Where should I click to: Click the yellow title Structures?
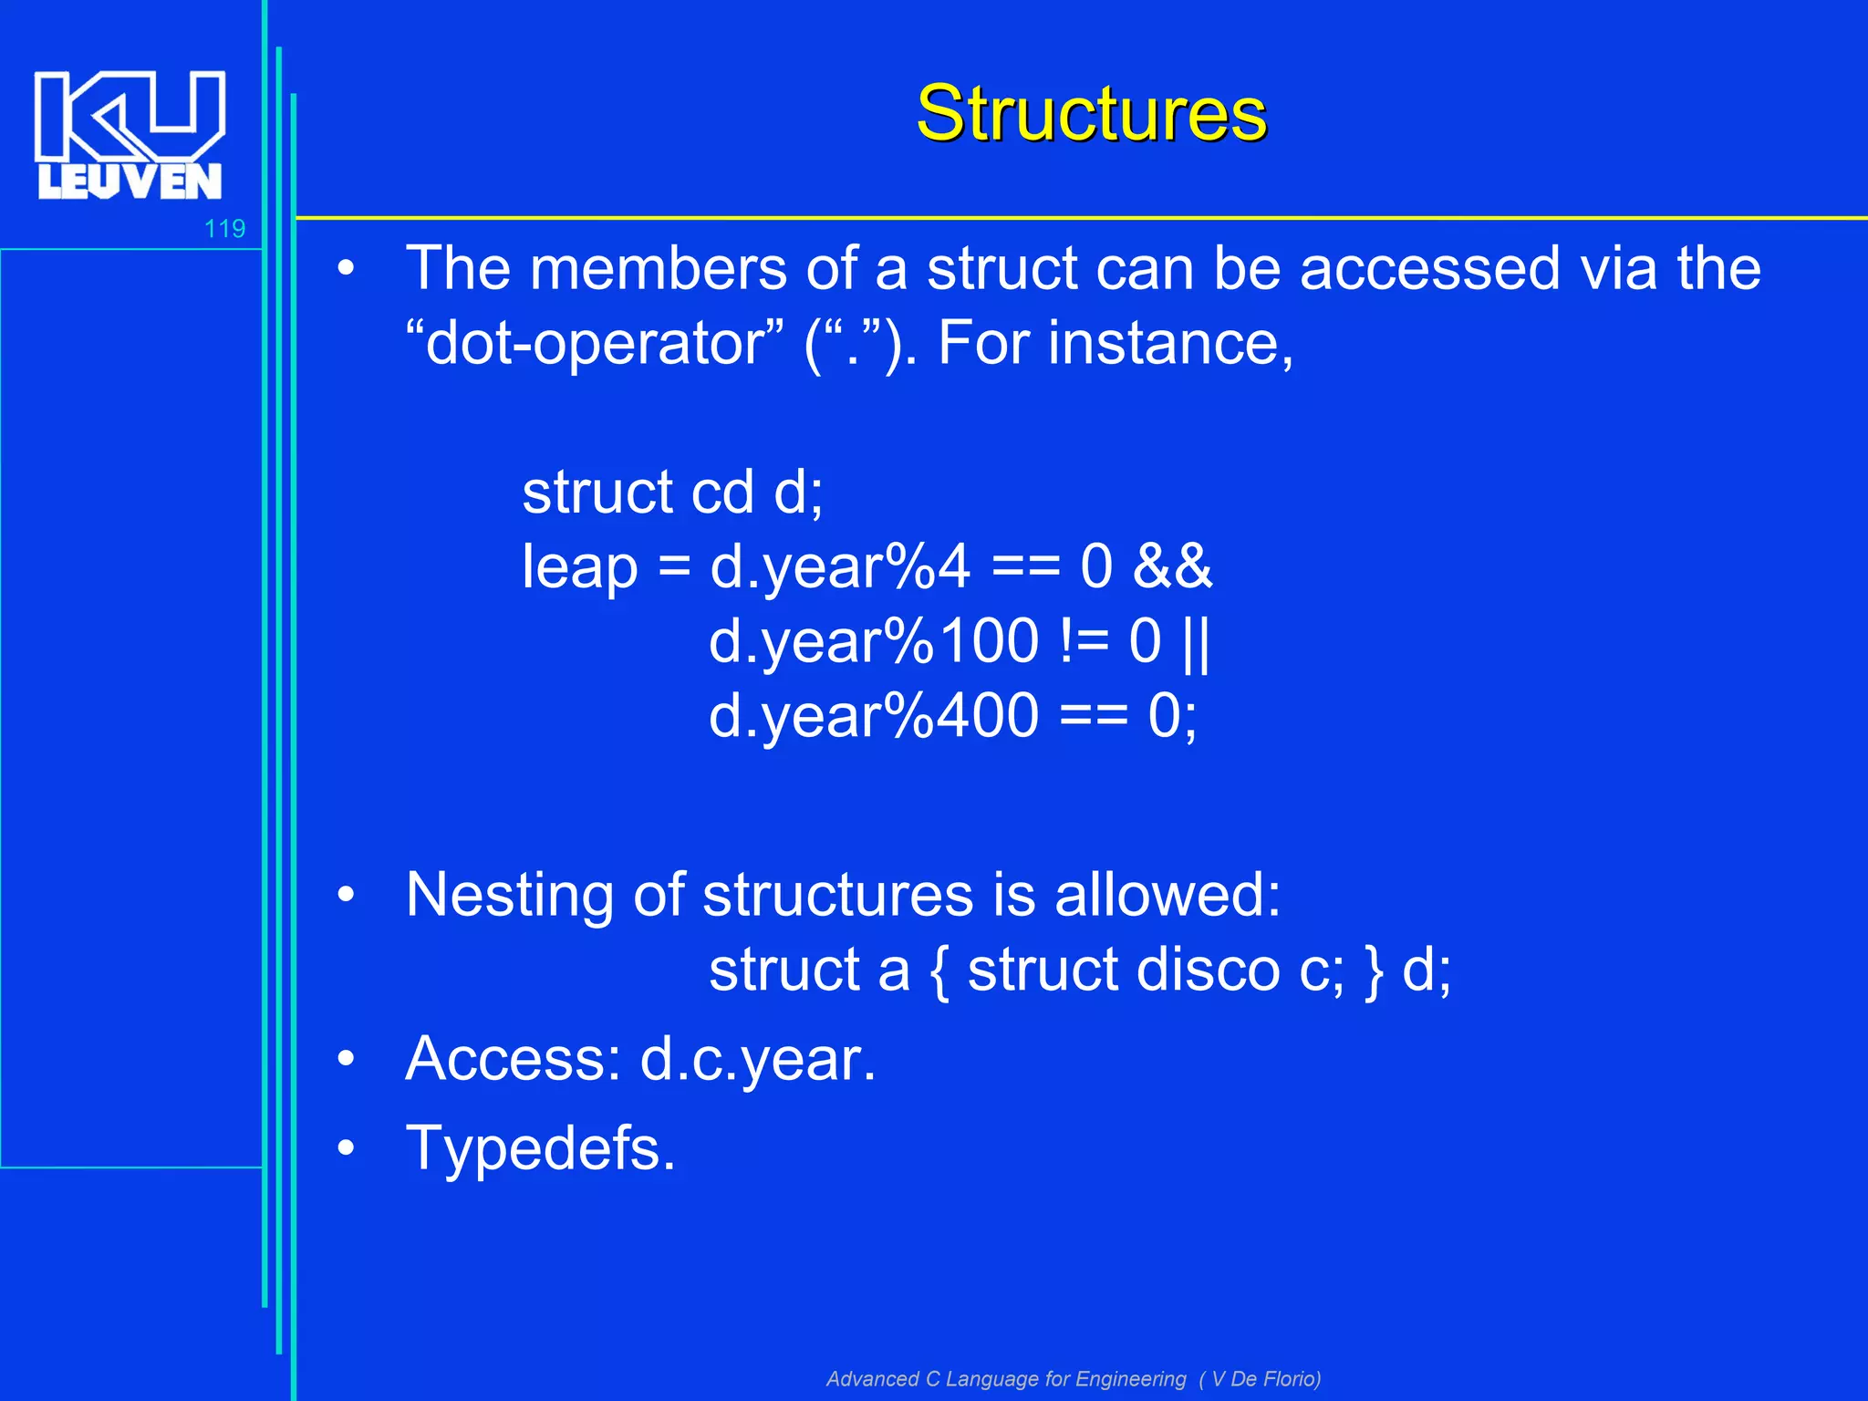click(x=1091, y=113)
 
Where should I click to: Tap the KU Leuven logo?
click(x=130, y=135)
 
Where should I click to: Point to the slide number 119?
click(x=224, y=228)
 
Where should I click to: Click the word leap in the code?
click(x=579, y=567)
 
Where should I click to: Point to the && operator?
click(x=1172, y=566)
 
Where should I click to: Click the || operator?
click(x=1195, y=641)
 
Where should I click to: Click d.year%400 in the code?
click(x=873, y=716)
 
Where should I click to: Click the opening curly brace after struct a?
click(x=939, y=971)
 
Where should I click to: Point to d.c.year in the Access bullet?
click(x=757, y=1060)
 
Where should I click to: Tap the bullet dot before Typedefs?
click(x=346, y=1148)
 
